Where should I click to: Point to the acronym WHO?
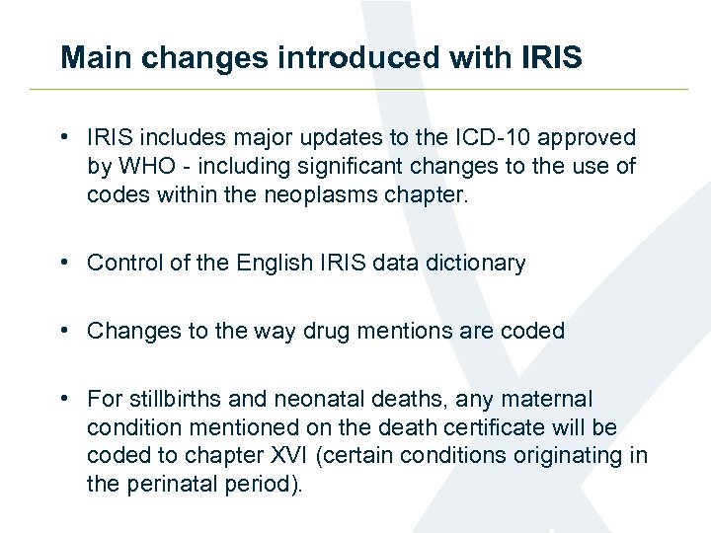[144, 167]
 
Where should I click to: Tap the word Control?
[122, 264]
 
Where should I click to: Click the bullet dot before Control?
[62, 264]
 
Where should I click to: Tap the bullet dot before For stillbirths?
[62, 399]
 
